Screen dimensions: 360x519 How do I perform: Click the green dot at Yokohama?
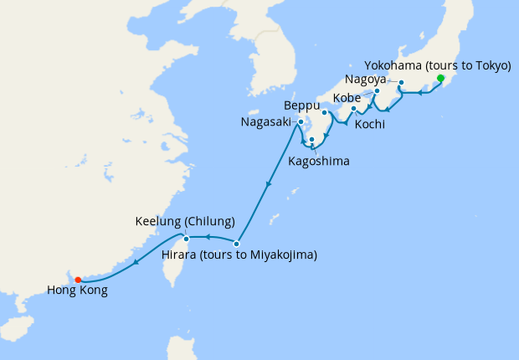[x=440, y=78]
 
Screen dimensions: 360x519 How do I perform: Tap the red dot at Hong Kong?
[x=77, y=280]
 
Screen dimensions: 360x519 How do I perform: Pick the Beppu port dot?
[x=325, y=111]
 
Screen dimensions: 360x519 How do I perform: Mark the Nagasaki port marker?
[x=299, y=123]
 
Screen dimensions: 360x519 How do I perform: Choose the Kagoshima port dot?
[x=311, y=140]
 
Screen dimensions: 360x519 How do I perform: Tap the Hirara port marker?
[x=237, y=244]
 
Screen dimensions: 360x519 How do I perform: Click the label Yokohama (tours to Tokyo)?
[x=438, y=65]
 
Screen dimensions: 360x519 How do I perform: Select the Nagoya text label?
[x=365, y=80]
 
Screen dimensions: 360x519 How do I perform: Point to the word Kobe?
[x=347, y=98]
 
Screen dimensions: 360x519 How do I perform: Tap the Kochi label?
[x=370, y=124]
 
